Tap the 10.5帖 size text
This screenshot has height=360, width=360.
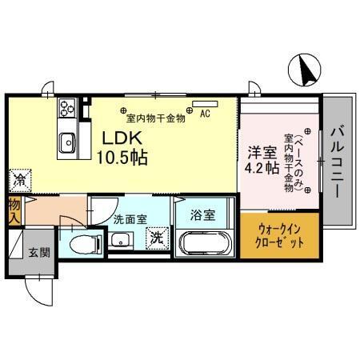tap(122, 158)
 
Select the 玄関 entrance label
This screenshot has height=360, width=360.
tap(38, 253)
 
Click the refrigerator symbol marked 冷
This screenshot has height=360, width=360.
tap(17, 180)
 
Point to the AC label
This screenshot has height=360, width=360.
tap(206, 114)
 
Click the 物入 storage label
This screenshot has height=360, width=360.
tap(14, 210)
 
